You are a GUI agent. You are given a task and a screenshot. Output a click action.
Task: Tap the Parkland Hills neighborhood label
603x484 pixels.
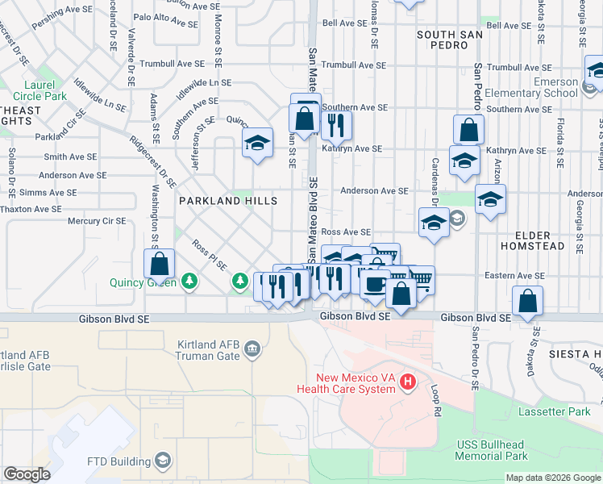(x=228, y=201)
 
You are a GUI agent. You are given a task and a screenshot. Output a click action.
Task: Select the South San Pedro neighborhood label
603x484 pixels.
(x=450, y=40)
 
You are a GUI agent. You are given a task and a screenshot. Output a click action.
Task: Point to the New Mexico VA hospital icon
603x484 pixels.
(x=409, y=381)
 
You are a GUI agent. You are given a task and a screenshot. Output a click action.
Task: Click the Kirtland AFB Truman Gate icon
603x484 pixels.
(x=252, y=348)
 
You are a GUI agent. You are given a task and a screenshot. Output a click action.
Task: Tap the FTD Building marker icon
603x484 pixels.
(x=163, y=461)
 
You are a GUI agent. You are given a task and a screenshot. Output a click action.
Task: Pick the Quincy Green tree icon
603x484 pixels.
(x=189, y=281)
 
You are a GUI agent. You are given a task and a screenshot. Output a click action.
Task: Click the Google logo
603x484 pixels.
(x=27, y=474)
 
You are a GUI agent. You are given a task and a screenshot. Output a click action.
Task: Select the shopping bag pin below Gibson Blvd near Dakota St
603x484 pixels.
(x=527, y=302)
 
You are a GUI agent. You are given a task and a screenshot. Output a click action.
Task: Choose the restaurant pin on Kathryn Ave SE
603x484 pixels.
(x=335, y=125)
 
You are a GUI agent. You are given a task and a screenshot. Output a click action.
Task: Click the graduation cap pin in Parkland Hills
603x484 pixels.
(x=257, y=144)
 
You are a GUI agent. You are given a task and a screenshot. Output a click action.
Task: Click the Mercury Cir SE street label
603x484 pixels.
(x=97, y=220)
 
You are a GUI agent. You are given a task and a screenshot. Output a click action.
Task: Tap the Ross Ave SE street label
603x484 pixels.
(x=345, y=232)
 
